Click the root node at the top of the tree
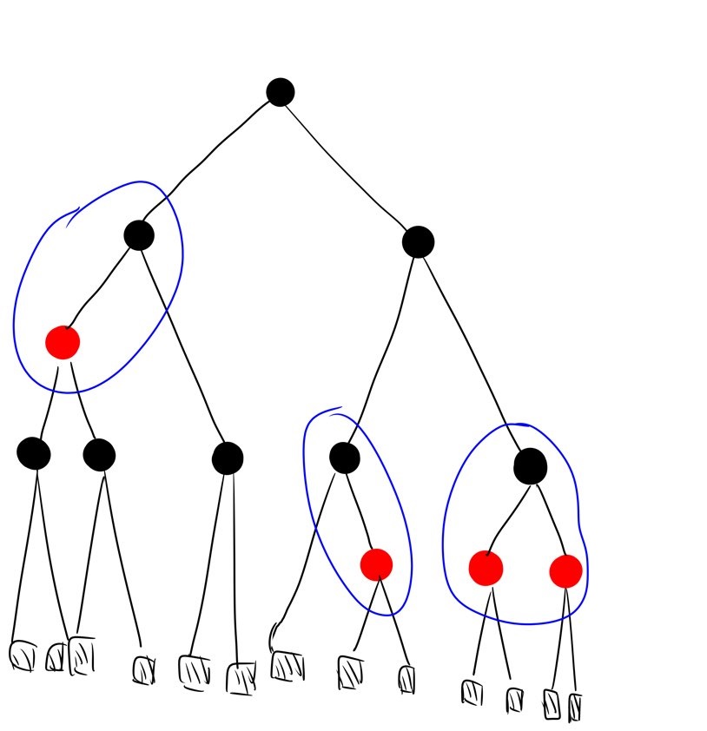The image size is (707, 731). pyautogui.click(x=280, y=91)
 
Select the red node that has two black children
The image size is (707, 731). pyautogui.click(x=63, y=342)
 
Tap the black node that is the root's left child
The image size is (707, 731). pyautogui.click(x=139, y=234)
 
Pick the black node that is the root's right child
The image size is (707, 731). pyautogui.click(x=418, y=241)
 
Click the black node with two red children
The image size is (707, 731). pyautogui.click(x=530, y=466)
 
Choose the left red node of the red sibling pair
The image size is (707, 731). pyautogui.click(x=486, y=568)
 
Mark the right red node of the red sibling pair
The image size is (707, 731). pyautogui.click(x=565, y=570)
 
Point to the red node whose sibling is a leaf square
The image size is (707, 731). pyautogui.click(x=376, y=564)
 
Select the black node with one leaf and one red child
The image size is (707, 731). pyautogui.click(x=345, y=458)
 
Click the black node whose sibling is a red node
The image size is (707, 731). pyautogui.click(x=227, y=458)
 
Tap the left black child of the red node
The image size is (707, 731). pyautogui.click(x=34, y=452)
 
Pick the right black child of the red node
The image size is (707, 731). pyautogui.click(x=99, y=454)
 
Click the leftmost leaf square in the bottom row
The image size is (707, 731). pyautogui.click(x=23, y=655)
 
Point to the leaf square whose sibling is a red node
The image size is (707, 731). pyautogui.click(x=286, y=665)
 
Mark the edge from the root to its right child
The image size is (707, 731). pyautogui.click(x=347, y=165)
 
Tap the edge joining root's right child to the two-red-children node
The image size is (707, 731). pyautogui.click(x=473, y=352)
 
